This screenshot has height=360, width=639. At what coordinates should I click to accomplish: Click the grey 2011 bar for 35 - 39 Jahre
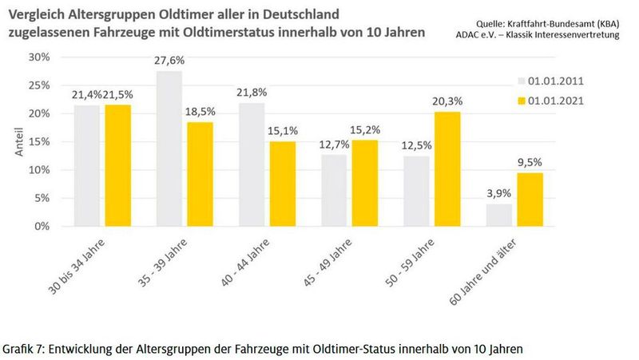coord(169,148)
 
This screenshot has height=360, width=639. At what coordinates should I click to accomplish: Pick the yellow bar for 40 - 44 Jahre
coord(280,184)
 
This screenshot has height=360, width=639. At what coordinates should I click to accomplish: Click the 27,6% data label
coord(169,61)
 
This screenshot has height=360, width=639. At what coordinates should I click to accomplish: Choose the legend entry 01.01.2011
coord(552,81)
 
